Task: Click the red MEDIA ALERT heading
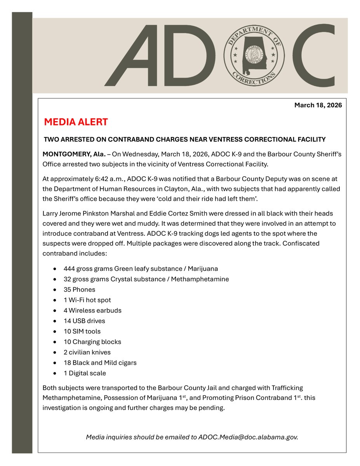76,122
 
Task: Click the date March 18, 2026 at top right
318,105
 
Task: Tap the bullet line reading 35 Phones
79,289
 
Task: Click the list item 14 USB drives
84,321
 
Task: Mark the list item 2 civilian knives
87,352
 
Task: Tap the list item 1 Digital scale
85,373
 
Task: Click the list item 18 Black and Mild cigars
100,363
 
